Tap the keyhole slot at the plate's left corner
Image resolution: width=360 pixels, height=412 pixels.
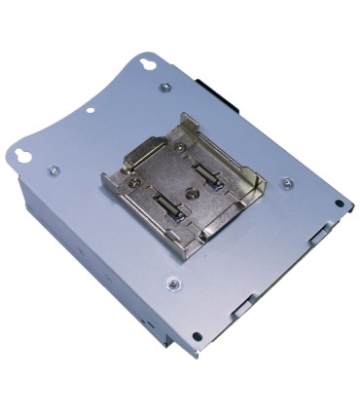point(21,156)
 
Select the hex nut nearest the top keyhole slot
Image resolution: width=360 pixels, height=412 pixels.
point(163,88)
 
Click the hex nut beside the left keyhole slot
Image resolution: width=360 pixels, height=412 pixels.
point(54,170)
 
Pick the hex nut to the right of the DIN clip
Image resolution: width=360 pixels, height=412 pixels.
point(286,182)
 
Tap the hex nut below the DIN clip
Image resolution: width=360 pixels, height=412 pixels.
point(174,284)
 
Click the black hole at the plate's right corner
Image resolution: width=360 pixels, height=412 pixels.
point(338,204)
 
